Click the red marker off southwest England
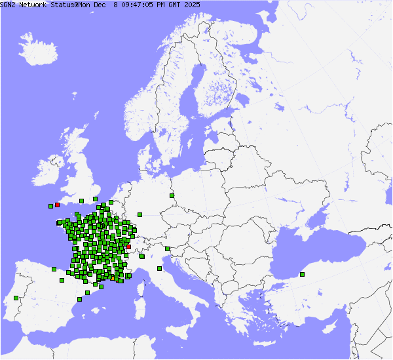point(58,205)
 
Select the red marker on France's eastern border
point(129,247)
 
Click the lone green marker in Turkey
point(302,274)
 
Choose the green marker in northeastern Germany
point(171,195)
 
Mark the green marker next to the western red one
point(50,207)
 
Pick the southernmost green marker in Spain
point(79,299)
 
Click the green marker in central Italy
point(159,268)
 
